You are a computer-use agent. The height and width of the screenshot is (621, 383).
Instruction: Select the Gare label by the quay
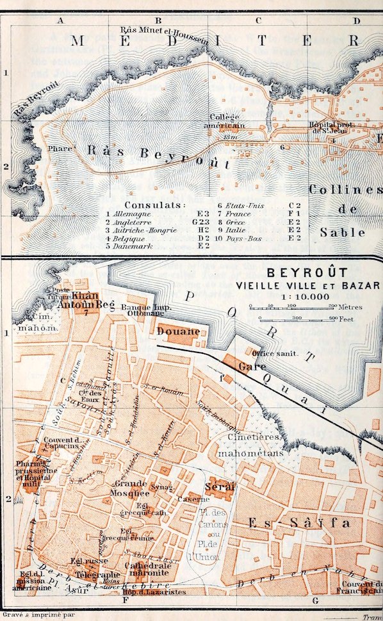pyautogui.click(x=247, y=367)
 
